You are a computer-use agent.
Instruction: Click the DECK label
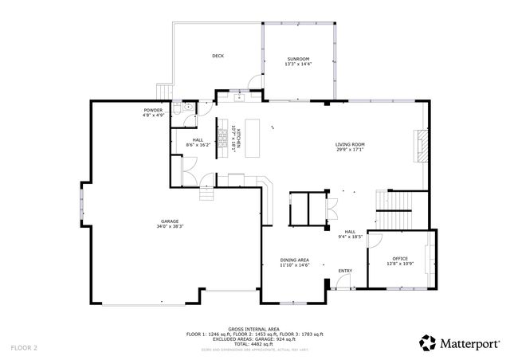point(218,56)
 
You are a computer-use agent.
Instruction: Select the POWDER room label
point(153,110)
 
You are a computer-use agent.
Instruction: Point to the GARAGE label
point(169,221)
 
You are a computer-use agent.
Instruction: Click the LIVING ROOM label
point(351,144)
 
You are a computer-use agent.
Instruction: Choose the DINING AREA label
point(294,260)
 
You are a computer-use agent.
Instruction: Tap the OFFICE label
point(399,260)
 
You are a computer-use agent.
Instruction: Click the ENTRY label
point(345,271)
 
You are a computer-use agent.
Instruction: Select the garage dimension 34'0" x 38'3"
point(169,226)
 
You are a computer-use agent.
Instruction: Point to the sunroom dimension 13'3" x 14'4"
point(300,65)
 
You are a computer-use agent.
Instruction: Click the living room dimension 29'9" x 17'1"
point(351,149)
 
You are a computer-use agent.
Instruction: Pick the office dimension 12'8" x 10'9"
point(399,264)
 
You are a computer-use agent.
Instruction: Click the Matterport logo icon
point(428,342)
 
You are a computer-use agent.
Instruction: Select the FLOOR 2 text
point(24,348)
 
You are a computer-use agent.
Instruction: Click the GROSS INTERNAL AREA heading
point(253,328)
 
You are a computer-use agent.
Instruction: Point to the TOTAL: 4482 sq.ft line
point(253,343)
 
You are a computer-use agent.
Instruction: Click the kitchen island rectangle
point(253,131)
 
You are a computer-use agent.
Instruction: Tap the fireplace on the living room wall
point(422,146)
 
